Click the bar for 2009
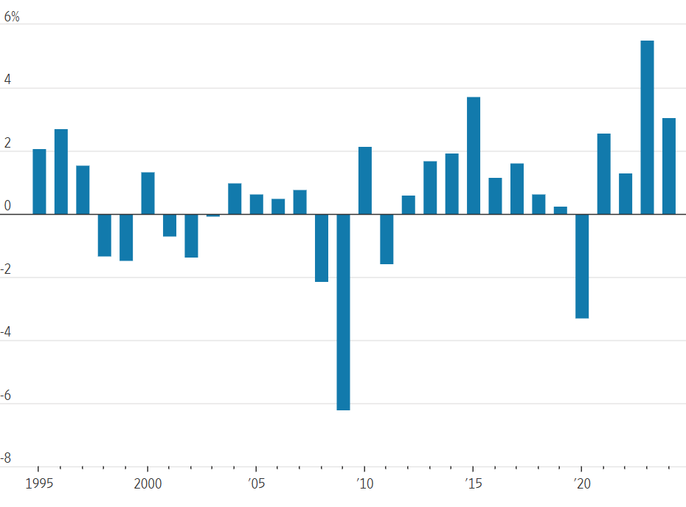point(343,311)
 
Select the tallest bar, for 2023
point(647,127)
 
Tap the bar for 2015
point(474,155)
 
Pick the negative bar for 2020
point(582,266)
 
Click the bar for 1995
point(39,182)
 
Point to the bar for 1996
point(61,171)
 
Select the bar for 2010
point(365,180)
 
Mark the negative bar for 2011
point(387,239)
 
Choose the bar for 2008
point(322,248)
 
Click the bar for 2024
point(669,166)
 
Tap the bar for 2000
point(148,193)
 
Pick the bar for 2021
point(603,173)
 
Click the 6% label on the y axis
point(12,15)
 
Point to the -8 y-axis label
point(7,458)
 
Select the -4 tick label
point(7,333)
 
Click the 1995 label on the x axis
point(39,484)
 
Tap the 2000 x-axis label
point(148,484)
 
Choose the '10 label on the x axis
point(364,484)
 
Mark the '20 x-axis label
point(581,484)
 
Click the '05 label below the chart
point(256,484)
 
